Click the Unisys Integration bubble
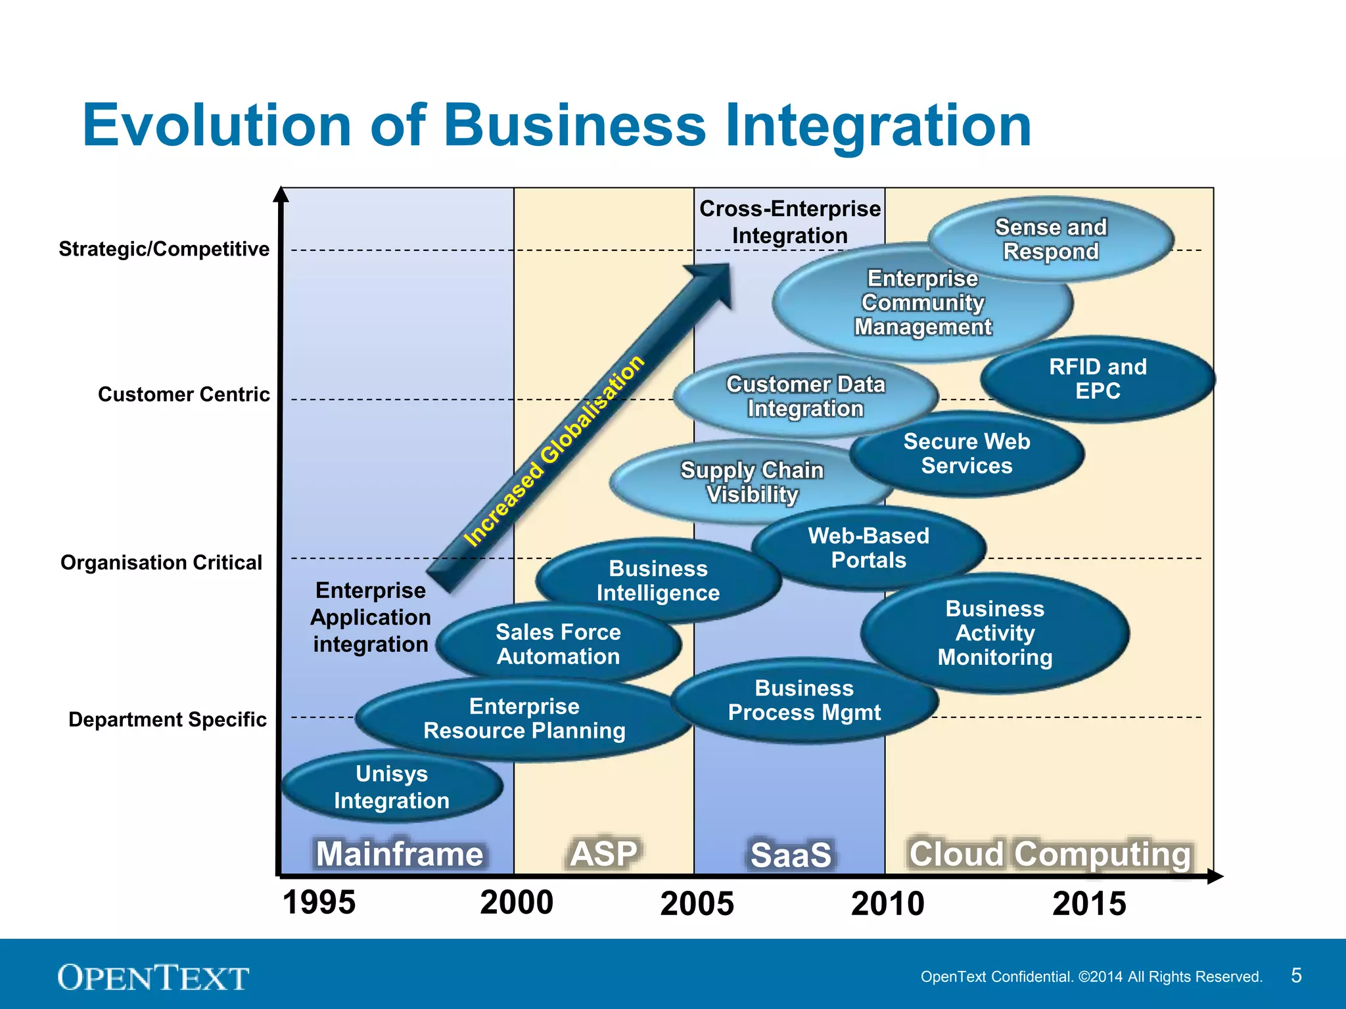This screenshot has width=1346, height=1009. [x=392, y=787]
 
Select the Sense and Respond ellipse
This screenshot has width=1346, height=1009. [x=1051, y=239]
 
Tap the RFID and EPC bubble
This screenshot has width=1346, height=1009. [x=1098, y=379]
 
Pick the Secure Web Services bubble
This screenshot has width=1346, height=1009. [x=967, y=453]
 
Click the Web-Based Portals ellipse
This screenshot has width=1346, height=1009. [x=868, y=548]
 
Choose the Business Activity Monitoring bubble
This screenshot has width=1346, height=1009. [x=995, y=633]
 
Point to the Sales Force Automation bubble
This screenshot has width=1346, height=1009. [x=558, y=644]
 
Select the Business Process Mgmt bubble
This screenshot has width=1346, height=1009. [x=804, y=700]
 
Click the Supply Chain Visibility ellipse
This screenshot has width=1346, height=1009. [x=752, y=482]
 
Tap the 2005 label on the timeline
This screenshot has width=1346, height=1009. [x=697, y=903]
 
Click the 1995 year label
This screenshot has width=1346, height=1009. [x=319, y=902]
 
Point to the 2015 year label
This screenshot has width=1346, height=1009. [x=1089, y=903]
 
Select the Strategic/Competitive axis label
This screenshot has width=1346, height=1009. [x=164, y=249]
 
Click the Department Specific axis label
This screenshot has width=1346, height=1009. [x=168, y=719]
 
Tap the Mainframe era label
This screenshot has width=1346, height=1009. [x=400, y=854]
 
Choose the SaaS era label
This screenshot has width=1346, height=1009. [x=791, y=855]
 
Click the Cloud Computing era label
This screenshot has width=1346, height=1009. [x=1050, y=854]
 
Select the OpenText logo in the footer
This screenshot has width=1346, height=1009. [x=153, y=977]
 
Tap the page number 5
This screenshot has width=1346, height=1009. [x=1296, y=975]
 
